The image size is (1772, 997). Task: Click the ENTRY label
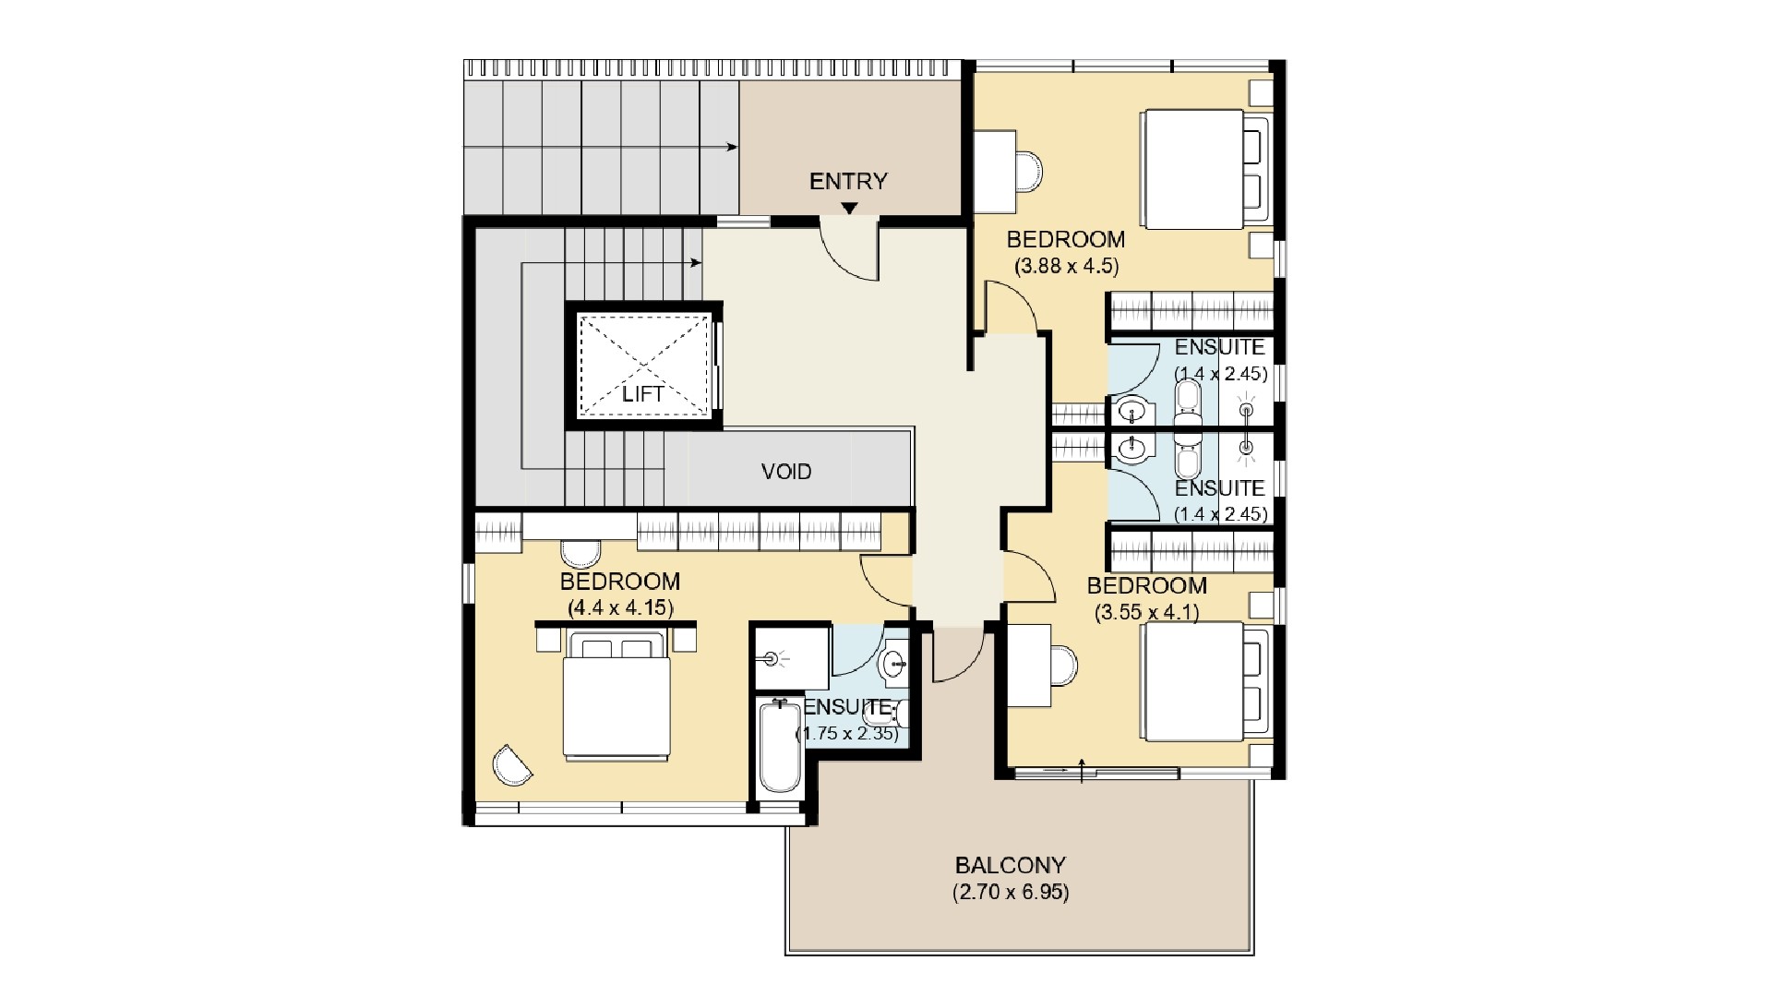[848, 182]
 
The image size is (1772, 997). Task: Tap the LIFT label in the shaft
[642, 394]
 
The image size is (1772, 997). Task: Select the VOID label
[786, 472]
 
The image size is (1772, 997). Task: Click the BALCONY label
[1010, 866]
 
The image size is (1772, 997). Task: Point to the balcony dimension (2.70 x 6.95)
[1010, 893]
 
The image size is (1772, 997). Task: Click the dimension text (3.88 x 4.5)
[1066, 267]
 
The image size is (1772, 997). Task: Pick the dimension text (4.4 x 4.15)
[620, 608]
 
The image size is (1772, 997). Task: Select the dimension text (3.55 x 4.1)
[1146, 612]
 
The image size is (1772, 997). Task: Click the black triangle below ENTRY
[848, 208]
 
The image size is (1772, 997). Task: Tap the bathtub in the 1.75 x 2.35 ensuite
[780, 746]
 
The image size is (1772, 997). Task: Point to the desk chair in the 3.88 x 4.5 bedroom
[1028, 171]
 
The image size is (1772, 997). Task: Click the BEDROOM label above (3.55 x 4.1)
[1146, 586]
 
